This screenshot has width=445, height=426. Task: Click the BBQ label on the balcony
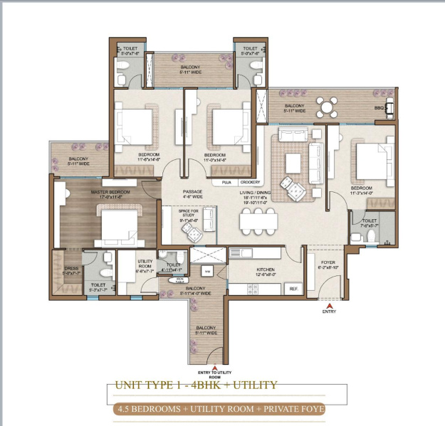point(379,108)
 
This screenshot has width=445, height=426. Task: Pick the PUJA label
point(226,182)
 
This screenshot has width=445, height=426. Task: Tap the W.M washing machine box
point(207,272)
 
